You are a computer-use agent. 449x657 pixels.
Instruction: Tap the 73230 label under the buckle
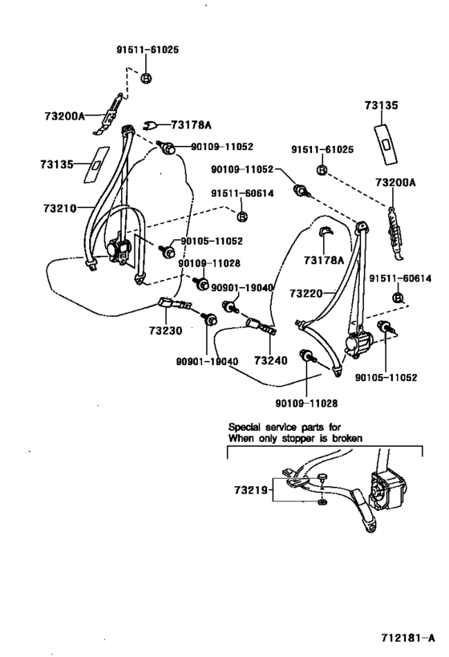click(x=164, y=330)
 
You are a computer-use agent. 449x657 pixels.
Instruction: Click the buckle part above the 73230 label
click(x=172, y=303)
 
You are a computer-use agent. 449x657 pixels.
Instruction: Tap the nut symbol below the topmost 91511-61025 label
click(x=146, y=78)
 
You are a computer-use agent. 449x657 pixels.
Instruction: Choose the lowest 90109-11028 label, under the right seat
click(x=307, y=402)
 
